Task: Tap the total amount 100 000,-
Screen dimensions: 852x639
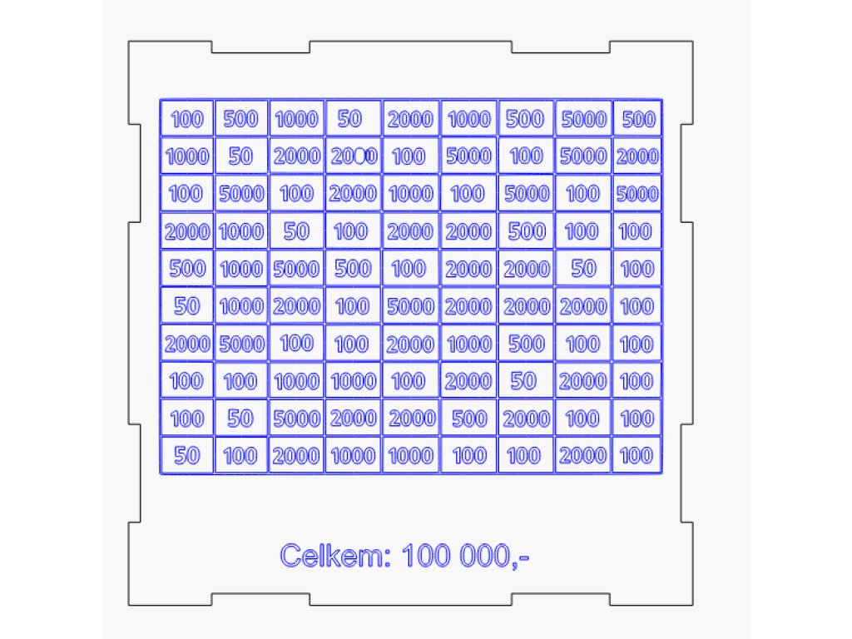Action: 466,555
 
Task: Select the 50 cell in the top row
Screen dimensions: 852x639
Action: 350,119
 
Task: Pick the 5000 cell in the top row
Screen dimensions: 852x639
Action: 583,119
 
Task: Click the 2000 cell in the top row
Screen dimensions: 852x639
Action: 410,119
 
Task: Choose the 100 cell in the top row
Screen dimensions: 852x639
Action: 186,119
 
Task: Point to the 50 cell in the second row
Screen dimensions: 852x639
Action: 240,156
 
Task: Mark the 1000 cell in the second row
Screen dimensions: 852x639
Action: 186,156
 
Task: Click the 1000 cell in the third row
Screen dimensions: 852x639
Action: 410,194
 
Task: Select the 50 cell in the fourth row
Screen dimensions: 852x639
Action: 296,231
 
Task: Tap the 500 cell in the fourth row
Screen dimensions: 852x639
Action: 526,231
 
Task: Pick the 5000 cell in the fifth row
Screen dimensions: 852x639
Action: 296,269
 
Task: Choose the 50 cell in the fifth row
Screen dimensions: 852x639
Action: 583,268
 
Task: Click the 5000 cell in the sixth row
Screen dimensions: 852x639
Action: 410,306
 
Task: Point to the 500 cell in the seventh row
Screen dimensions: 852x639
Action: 526,344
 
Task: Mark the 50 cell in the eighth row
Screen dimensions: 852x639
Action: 523,380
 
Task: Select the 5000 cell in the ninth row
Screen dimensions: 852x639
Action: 296,419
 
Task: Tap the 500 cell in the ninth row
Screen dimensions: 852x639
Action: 468,419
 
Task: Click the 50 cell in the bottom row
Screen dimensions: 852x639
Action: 186,455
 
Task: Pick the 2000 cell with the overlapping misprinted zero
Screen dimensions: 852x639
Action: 354,156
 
